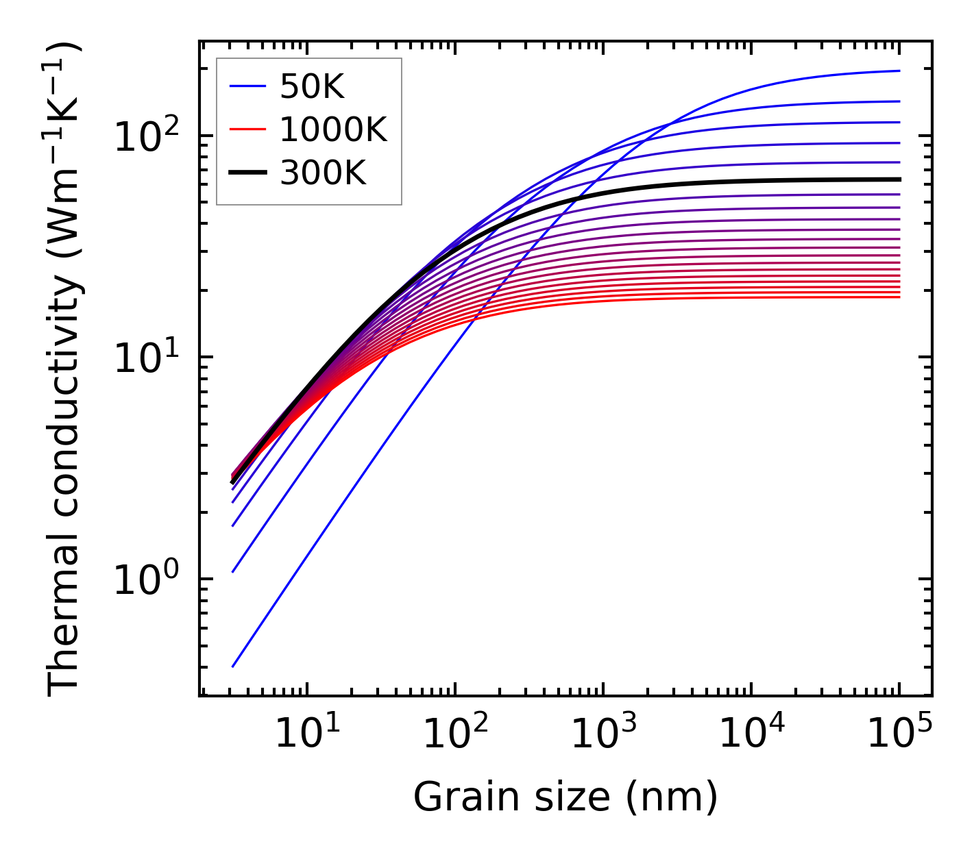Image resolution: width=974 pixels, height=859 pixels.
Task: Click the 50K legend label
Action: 312,87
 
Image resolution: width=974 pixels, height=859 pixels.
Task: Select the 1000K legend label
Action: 333,130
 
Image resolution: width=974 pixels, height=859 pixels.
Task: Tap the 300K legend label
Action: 323,173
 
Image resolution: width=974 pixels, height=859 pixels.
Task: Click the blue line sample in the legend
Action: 247,87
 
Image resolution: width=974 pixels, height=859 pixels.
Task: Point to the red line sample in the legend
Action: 247,130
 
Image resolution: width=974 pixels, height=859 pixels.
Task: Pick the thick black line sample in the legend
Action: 247,173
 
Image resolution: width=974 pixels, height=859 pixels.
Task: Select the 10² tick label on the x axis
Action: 454,736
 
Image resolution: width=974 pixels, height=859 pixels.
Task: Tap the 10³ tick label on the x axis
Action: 603,736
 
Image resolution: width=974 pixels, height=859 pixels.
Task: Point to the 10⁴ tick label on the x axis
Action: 751,736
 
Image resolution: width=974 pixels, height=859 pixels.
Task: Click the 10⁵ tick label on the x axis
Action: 899,736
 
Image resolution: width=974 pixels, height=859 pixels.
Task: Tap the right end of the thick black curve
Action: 899,179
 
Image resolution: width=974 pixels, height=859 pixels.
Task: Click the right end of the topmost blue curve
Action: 899,71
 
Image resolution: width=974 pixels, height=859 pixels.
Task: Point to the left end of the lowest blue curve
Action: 233,667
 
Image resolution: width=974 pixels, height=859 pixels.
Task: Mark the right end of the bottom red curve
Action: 899,297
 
